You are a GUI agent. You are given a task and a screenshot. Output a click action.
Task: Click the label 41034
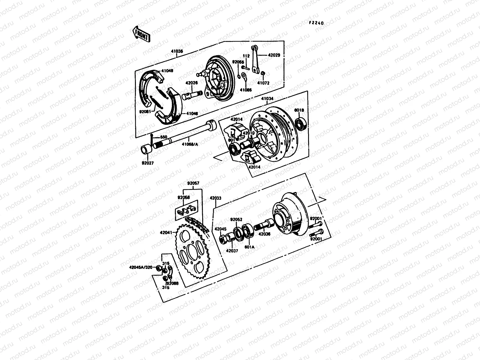click(x=268, y=98)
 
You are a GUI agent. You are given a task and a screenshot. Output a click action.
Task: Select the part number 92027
click(x=148, y=163)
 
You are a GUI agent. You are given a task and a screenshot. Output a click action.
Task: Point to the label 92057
click(x=193, y=183)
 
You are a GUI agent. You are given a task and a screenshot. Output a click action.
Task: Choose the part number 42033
click(x=216, y=198)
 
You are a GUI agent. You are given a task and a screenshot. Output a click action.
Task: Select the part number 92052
click(x=236, y=219)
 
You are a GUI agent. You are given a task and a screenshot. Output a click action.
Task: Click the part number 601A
click(x=249, y=247)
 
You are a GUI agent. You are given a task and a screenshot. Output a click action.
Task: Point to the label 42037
click(x=232, y=250)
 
